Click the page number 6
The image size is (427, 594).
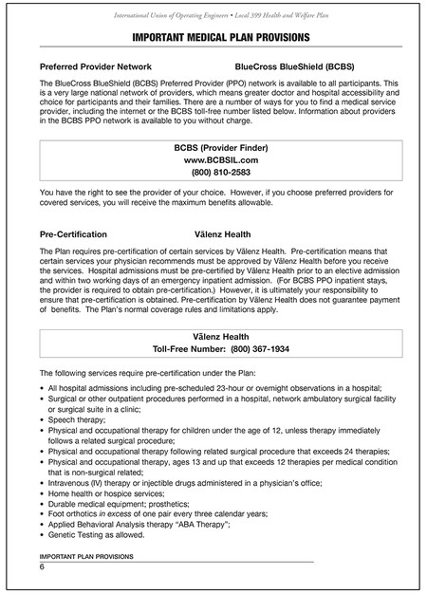coord(42,566)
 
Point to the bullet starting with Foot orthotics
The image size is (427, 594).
coord(161,514)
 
